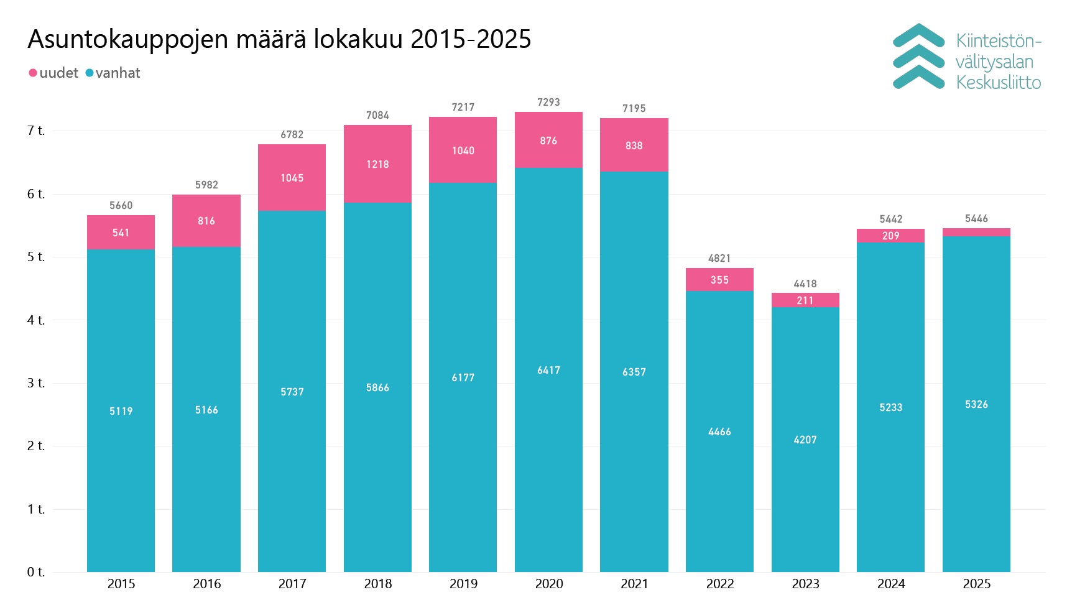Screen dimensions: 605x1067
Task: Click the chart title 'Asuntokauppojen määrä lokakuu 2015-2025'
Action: [x=279, y=39]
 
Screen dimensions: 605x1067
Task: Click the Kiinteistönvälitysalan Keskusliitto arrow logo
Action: [x=918, y=57]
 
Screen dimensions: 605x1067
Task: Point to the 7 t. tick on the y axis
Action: [x=36, y=131]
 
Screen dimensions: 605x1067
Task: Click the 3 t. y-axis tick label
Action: [x=36, y=383]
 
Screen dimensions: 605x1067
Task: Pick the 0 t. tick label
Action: [x=36, y=572]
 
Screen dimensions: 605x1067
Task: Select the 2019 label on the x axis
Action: [x=463, y=584]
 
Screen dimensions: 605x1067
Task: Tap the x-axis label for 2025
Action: [x=976, y=584]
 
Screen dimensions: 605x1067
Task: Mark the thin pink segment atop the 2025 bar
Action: [x=976, y=232]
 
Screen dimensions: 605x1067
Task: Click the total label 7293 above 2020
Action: [x=548, y=102]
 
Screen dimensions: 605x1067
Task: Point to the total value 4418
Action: [x=805, y=284]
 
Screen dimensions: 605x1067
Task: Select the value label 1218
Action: [x=377, y=164]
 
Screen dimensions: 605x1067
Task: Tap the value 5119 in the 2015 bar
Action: [x=121, y=411]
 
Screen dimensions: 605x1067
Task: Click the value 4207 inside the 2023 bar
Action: [x=805, y=440]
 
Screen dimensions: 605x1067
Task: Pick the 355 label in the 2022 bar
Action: [x=719, y=280]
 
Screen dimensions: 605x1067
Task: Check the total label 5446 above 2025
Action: [x=976, y=218]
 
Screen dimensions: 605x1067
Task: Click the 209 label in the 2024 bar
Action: [x=890, y=236]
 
